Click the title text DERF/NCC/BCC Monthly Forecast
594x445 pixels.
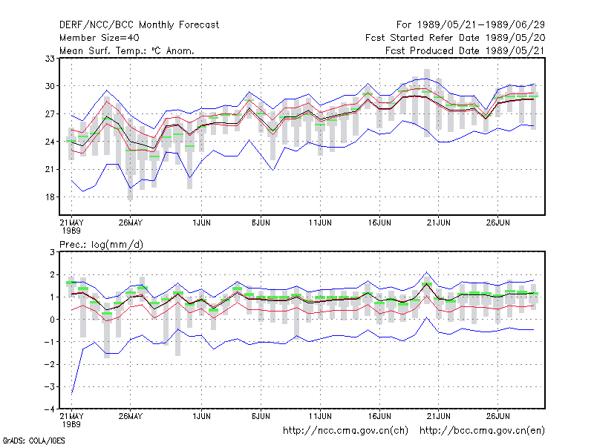pyautogui.click(x=139, y=25)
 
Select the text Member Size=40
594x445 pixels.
pyautogui.click(x=99, y=38)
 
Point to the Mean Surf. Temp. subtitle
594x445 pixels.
pyautogui.click(x=126, y=50)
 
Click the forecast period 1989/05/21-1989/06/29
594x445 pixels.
pyautogui.click(x=471, y=25)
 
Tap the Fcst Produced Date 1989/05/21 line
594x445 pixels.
pyautogui.click(x=465, y=50)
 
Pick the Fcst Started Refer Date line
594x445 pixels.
pyautogui.click(x=455, y=38)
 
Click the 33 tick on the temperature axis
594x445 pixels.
pyautogui.click(x=50, y=59)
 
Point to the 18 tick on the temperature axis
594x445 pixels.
pyautogui.click(x=50, y=197)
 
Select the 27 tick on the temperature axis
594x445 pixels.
pyautogui.click(x=50, y=114)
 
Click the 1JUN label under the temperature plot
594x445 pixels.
pyautogui.click(x=201, y=222)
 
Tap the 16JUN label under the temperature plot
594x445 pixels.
pyautogui.click(x=379, y=222)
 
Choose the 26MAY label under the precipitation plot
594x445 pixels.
pyautogui.click(x=131, y=416)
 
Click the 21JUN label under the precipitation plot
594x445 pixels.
pyautogui.click(x=438, y=416)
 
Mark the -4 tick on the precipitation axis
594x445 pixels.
pyautogui.click(x=50, y=409)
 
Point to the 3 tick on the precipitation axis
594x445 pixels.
pyautogui.click(x=52, y=252)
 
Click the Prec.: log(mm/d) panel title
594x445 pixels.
pyautogui.click(x=101, y=245)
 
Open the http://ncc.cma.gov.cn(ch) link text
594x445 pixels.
pyautogui.click(x=345, y=431)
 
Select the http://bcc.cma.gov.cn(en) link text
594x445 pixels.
pyautogui.click(x=482, y=431)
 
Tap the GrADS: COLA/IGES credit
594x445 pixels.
pyautogui.click(x=33, y=441)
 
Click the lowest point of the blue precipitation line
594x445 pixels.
pyautogui.click(x=71, y=394)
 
